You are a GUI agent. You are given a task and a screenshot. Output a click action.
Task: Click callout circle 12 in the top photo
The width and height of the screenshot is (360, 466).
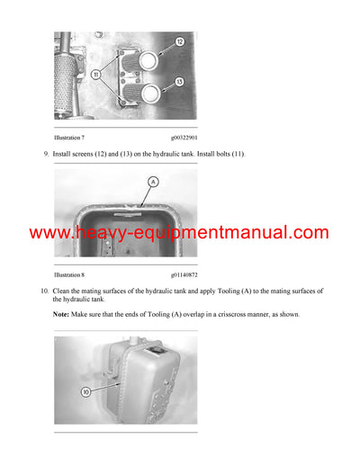[x=180, y=41]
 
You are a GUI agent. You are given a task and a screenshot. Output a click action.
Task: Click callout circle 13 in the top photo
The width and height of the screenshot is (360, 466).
[x=179, y=82]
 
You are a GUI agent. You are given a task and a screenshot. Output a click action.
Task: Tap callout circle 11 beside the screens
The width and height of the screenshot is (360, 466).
[x=96, y=74]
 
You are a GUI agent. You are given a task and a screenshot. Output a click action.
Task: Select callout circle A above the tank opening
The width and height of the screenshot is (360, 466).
[x=153, y=182]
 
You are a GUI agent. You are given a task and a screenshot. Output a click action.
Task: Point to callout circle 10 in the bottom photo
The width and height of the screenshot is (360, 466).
[x=85, y=391]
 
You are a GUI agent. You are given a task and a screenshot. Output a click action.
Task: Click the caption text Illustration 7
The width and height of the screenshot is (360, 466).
[x=69, y=138]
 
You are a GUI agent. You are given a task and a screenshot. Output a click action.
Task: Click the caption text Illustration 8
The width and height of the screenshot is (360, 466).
[x=69, y=274]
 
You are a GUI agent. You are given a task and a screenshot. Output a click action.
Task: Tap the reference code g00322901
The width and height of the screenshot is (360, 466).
[x=184, y=138]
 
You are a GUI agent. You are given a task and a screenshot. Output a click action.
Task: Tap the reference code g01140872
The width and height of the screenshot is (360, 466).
[x=184, y=274]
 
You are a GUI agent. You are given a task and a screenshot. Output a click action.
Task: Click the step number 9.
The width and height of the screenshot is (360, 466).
[x=46, y=154]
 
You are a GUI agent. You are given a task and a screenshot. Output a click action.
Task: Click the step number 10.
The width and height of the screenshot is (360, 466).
[x=45, y=291]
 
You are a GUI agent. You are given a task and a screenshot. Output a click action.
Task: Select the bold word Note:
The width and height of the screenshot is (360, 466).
[x=61, y=314]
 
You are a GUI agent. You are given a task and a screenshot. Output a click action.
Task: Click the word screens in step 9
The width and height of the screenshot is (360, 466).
[x=83, y=154]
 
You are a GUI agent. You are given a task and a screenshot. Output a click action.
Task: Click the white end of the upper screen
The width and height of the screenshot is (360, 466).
[x=148, y=60]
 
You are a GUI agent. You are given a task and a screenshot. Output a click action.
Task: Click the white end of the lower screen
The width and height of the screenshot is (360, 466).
[x=151, y=94]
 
